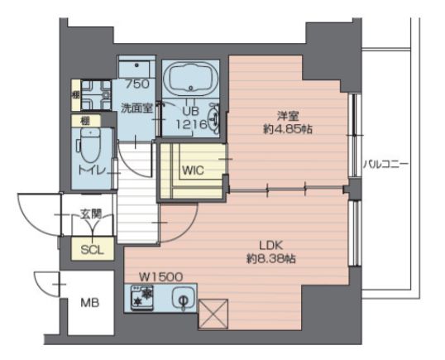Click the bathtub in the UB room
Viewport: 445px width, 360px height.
(190, 79)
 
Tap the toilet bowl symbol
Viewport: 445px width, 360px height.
(90, 146)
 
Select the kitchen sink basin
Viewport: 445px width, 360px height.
(183, 297)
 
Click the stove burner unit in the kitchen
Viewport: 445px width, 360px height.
(141, 298)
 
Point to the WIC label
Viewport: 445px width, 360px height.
(193, 170)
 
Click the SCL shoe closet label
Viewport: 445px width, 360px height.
(93, 250)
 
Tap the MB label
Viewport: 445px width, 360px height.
(90, 303)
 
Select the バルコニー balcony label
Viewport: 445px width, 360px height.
(386, 165)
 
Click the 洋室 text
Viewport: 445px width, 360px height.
(288, 117)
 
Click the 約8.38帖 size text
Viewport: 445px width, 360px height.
(271, 259)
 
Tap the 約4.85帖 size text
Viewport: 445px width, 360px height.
(288, 130)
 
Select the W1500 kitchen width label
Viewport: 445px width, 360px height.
(160, 276)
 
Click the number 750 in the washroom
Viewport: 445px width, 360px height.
(137, 84)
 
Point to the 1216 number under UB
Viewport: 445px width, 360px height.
(191, 124)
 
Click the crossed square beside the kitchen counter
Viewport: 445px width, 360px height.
(213, 314)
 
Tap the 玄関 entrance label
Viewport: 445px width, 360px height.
(90, 214)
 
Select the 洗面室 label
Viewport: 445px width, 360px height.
(136, 108)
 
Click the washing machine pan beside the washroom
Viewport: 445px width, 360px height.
(96, 95)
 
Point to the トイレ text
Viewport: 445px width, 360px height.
(93, 170)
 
